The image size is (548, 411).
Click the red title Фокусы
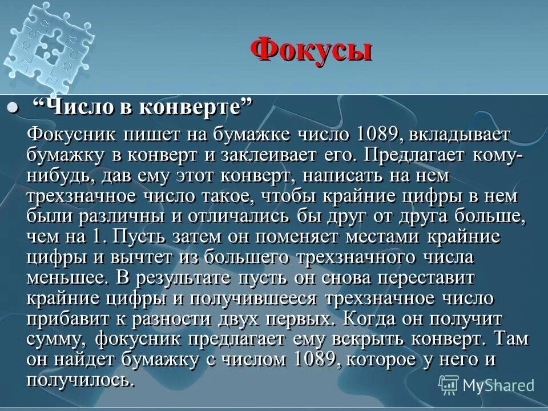[311, 51]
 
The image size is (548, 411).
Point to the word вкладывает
[461, 136]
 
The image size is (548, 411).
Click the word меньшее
[66, 277]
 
